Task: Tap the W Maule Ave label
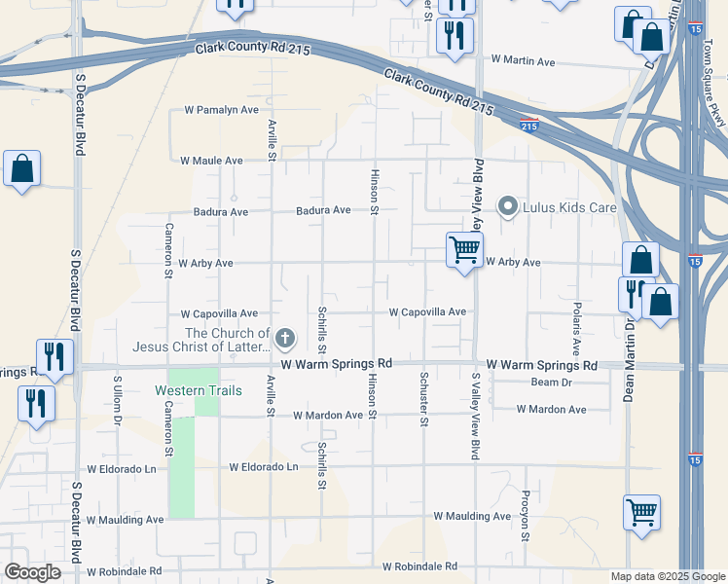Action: point(211,160)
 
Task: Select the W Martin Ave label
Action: point(523,62)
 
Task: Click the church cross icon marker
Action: point(284,339)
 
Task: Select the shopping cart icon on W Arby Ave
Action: point(464,250)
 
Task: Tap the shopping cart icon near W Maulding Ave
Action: point(642,512)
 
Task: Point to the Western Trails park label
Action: point(195,390)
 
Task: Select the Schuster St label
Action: point(424,399)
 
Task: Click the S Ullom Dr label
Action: point(117,399)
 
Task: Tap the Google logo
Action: point(33,572)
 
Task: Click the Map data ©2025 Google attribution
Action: point(667,576)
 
